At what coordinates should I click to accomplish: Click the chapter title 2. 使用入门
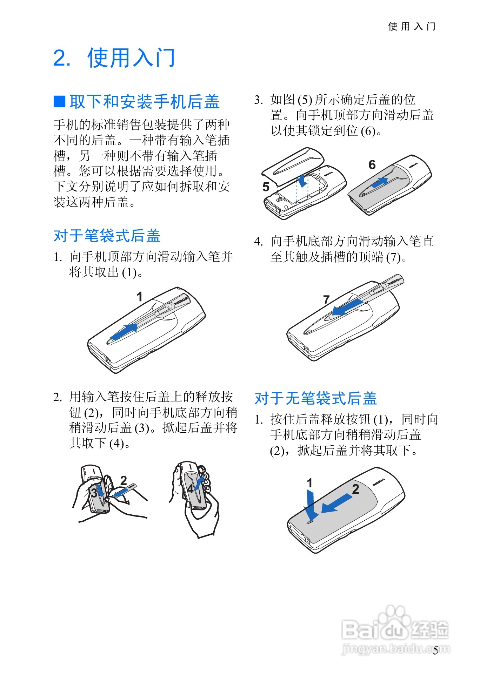[x=114, y=58]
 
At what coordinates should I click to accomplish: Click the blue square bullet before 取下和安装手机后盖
[x=59, y=101]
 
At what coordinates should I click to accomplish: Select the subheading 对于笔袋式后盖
[x=107, y=236]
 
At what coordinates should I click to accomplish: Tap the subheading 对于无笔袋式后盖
[x=316, y=398]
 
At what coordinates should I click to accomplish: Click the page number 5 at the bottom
[x=435, y=651]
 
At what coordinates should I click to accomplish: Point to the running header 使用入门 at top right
[x=412, y=26]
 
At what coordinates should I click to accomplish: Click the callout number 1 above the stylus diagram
[x=140, y=297]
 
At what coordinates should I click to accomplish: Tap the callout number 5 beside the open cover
[x=266, y=187]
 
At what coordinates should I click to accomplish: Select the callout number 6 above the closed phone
[x=372, y=164]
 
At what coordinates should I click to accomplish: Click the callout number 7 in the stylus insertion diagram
[x=326, y=299]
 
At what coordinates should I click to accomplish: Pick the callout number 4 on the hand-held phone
[x=190, y=489]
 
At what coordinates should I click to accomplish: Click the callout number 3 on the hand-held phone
[x=94, y=493]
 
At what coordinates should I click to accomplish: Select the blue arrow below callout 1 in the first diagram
[x=124, y=331]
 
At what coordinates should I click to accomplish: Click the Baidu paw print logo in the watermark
[x=394, y=618]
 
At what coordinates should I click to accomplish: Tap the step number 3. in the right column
[x=259, y=100]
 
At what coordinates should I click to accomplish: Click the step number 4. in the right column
[x=259, y=242]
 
